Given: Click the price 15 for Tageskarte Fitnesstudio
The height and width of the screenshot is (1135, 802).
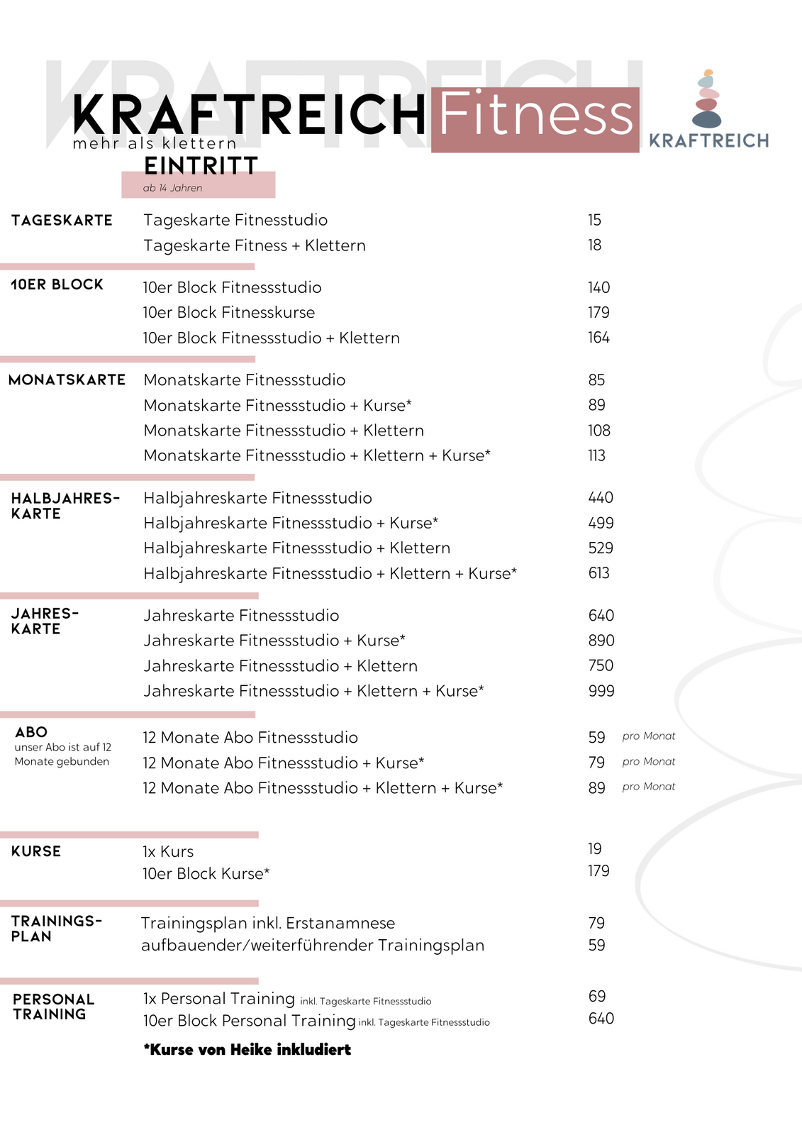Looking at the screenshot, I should pyautogui.click(x=594, y=220).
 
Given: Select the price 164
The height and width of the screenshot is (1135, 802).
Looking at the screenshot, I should pyautogui.click(x=598, y=338).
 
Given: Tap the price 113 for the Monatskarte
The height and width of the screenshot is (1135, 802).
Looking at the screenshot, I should pyautogui.click(x=596, y=455).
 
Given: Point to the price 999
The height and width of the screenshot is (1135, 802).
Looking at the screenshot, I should pyautogui.click(x=601, y=691).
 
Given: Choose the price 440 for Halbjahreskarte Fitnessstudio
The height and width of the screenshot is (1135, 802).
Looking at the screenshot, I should pyautogui.click(x=601, y=498).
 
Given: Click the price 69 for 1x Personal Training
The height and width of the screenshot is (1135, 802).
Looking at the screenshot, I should pyautogui.click(x=597, y=997).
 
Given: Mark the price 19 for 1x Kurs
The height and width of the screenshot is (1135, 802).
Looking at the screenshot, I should pyautogui.click(x=594, y=849).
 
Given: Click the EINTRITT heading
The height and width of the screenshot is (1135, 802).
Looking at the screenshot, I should pyautogui.click(x=201, y=166).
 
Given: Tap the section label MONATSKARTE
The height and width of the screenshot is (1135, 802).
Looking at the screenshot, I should pyautogui.click(x=67, y=380).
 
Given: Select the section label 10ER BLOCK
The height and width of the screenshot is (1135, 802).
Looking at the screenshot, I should pyautogui.click(x=57, y=284).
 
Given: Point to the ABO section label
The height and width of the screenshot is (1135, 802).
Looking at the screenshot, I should pyautogui.click(x=31, y=732).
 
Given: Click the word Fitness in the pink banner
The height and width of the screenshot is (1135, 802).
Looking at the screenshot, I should pyautogui.click(x=535, y=116).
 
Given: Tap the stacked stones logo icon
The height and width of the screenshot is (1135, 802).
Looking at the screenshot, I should pyautogui.click(x=706, y=99).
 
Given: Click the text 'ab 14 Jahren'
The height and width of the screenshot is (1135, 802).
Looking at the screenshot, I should pyautogui.click(x=172, y=188).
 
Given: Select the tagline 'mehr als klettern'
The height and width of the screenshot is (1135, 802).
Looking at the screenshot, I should pyautogui.click(x=154, y=144).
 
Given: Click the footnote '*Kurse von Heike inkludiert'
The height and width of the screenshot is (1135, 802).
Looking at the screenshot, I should pyautogui.click(x=247, y=1050).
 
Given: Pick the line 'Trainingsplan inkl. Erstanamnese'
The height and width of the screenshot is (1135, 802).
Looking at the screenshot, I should pyautogui.click(x=268, y=924).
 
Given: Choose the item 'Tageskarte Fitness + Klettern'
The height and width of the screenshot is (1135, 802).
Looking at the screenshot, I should pyautogui.click(x=255, y=245).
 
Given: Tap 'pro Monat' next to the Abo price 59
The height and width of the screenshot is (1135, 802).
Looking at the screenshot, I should pyautogui.click(x=649, y=736).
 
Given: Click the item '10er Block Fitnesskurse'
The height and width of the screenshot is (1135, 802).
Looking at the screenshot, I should pyautogui.click(x=228, y=313).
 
